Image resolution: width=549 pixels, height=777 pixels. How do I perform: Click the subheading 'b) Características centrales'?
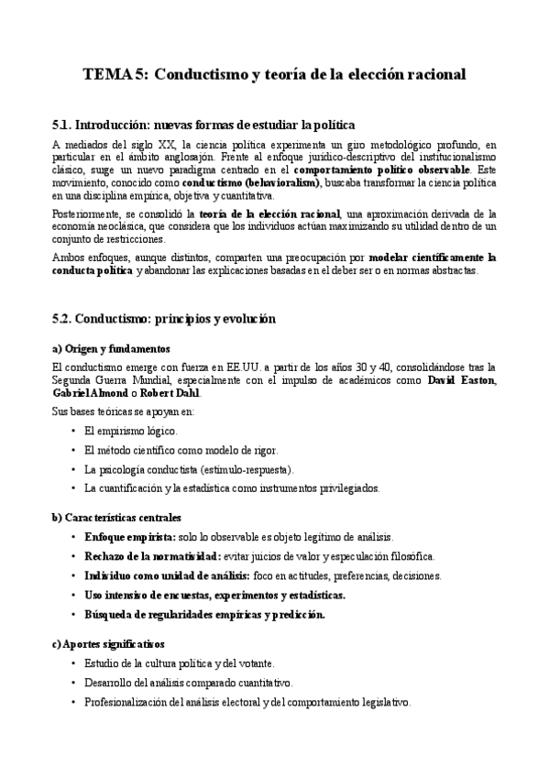coord(116,518)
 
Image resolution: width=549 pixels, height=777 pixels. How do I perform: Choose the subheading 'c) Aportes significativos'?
coord(108,645)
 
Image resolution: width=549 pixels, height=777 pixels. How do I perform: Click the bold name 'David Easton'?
coord(462,379)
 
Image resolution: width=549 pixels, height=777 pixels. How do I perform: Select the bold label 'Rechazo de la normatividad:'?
coord(152,556)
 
